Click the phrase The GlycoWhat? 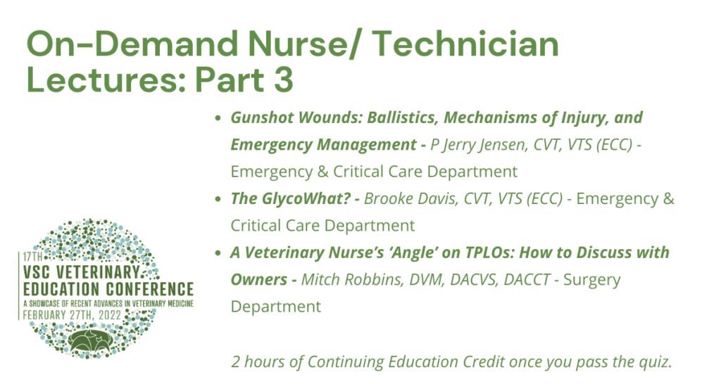pos(291,199)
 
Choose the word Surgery pos(591,280)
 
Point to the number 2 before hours pos(235,361)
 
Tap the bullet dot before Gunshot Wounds pos(218,118)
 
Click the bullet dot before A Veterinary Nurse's pos(218,253)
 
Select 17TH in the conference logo pos(32,256)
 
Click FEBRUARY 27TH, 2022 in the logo pos(73,315)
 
